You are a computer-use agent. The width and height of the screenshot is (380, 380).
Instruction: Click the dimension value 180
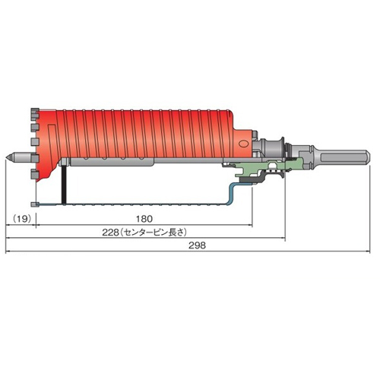tap(144, 219)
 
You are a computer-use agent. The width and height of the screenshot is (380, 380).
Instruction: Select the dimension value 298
tap(197, 245)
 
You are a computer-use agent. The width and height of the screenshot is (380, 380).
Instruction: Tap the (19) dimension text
tap(22, 218)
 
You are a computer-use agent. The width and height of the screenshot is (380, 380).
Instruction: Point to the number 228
tap(110, 233)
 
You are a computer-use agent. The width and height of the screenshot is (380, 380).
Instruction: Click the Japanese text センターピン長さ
tap(153, 233)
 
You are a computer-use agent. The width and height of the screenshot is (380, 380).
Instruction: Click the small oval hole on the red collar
tap(243, 144)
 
